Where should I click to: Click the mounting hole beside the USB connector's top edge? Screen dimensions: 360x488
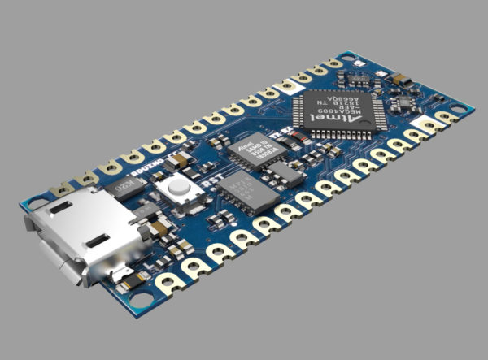[36, 200]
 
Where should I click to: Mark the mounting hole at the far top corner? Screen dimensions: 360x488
[348, 59]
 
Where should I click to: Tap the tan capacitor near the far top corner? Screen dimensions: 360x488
[400, 80]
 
